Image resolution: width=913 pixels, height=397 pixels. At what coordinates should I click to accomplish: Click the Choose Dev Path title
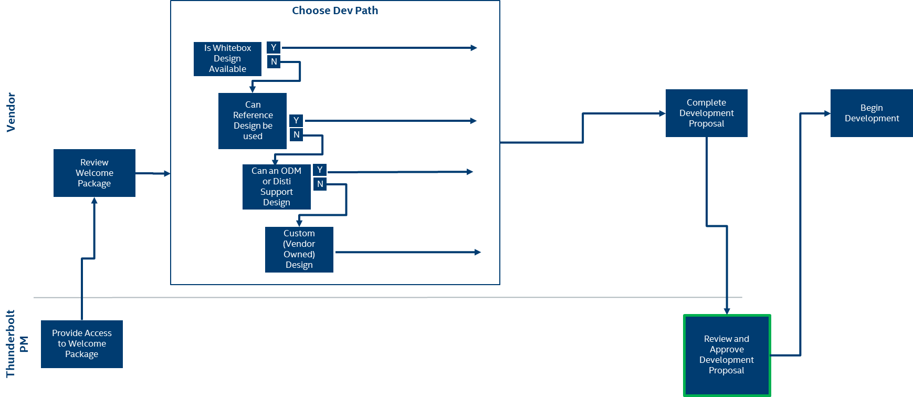click(x=335, y=11)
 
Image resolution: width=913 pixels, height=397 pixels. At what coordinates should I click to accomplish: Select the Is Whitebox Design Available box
click(x=227, y=59)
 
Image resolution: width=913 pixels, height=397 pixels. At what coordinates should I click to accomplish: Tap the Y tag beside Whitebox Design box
click(x=274, y=48)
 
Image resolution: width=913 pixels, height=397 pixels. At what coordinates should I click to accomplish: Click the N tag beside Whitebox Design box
click(x=274, y=62)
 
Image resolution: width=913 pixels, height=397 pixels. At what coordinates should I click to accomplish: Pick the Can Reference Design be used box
click(x=253, y=121)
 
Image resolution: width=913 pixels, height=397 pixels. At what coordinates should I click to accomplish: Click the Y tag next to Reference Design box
click(x=296, y=121)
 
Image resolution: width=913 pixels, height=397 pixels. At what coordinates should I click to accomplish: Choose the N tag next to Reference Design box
click(x=296, y=135)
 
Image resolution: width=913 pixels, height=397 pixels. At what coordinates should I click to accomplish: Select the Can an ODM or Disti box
click(x=276, y=187)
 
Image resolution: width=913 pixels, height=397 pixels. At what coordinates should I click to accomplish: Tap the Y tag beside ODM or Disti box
click(x=320, y=170)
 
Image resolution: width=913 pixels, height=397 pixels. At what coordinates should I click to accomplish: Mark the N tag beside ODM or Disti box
click(x=320, y=184)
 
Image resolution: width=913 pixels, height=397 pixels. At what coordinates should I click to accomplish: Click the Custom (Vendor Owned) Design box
click(x=299, y=249)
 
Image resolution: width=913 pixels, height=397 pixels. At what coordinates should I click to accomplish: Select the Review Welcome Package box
click(x=95, y=173)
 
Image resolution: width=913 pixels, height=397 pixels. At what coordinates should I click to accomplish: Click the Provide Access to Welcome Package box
click(x=82, y=344)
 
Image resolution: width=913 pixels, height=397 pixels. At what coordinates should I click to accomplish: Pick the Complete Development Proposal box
click(x=706, y=113)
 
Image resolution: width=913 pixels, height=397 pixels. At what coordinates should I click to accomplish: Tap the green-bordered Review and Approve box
click(x=727, y=355)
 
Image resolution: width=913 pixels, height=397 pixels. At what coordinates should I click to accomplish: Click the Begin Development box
click(x=872, y=113)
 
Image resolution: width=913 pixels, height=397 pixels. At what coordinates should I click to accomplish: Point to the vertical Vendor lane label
click(x=11, y=112)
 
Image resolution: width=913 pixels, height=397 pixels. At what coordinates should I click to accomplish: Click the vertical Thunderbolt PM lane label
click(x=16, y=344)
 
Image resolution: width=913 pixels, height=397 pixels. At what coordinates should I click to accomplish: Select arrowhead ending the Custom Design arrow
click(x=478, y=253)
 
